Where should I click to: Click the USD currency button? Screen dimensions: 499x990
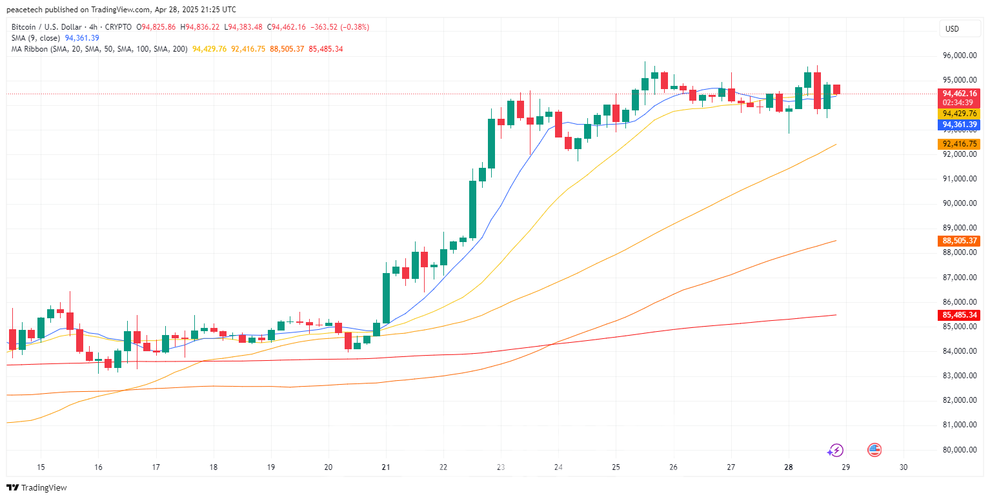point(952,28)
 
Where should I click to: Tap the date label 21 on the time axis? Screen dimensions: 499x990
point(386,467)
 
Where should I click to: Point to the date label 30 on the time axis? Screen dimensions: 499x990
point(904,467)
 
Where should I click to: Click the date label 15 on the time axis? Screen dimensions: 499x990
point(41,467)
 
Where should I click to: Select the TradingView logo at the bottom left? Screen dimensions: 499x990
point(37,487)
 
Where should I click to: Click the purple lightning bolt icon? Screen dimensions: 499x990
point(836,450)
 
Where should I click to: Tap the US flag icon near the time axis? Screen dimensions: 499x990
point(874,450)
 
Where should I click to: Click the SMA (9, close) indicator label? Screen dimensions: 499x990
point(35,38)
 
